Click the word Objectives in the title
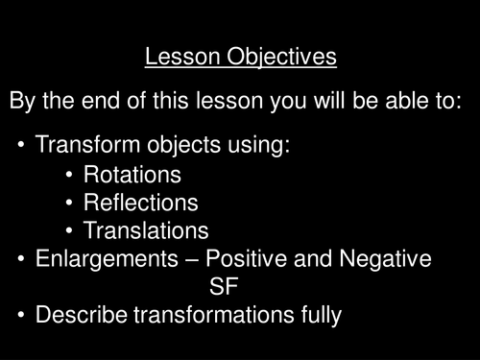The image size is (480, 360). [x=286, y=58]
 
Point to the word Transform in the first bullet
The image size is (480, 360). [x=83, y=147]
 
